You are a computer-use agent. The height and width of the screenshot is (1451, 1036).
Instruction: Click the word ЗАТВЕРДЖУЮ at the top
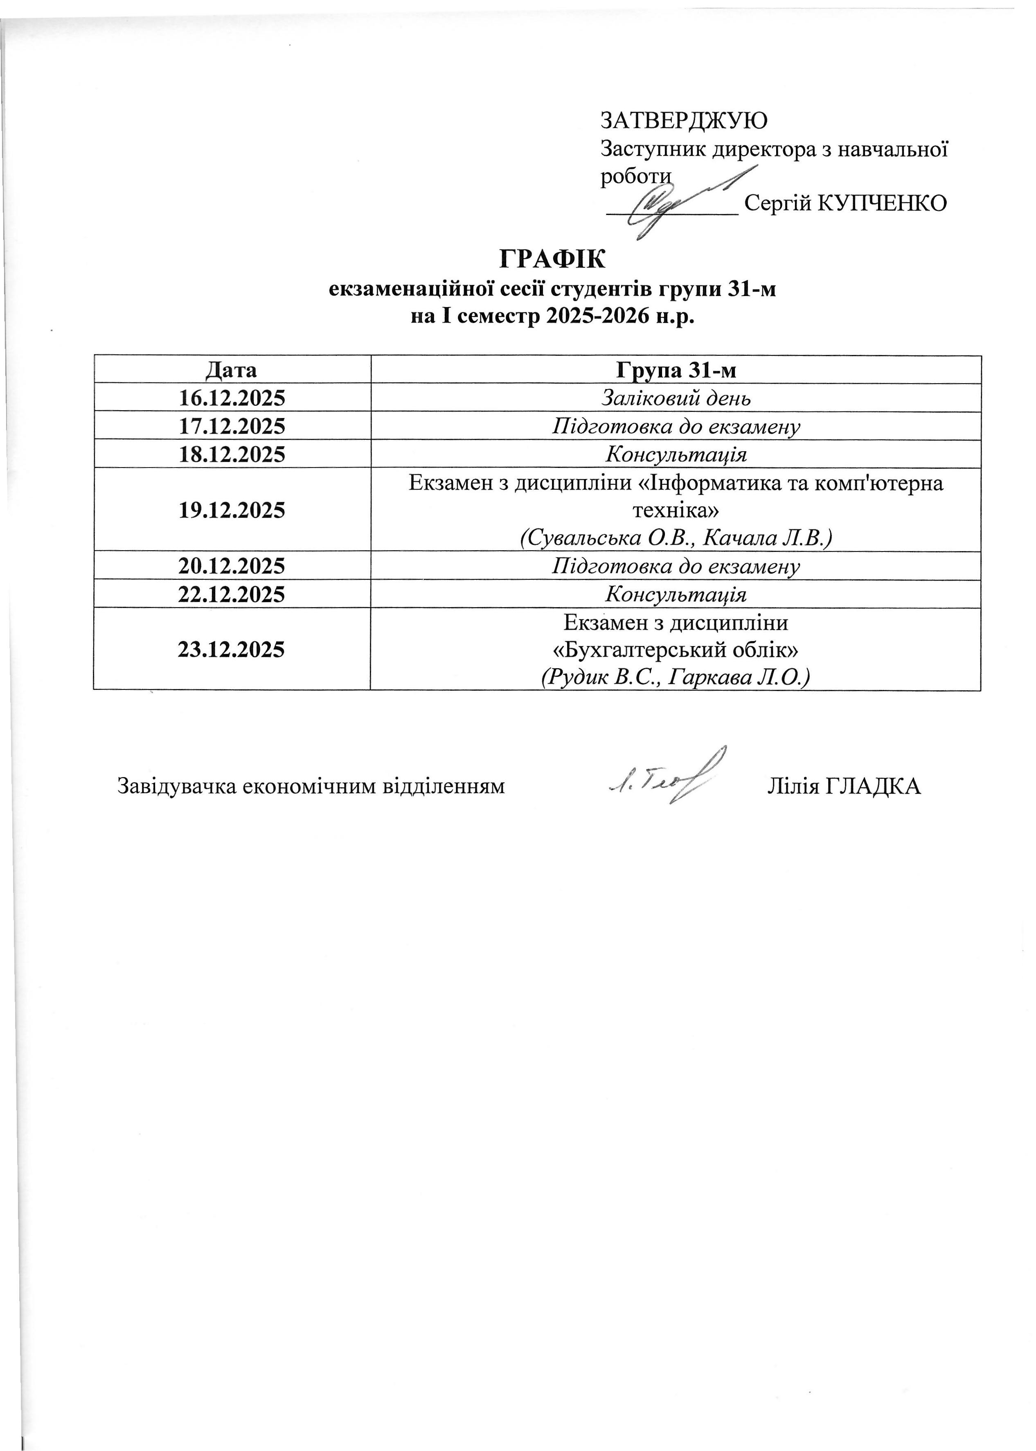tap(683, 120)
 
